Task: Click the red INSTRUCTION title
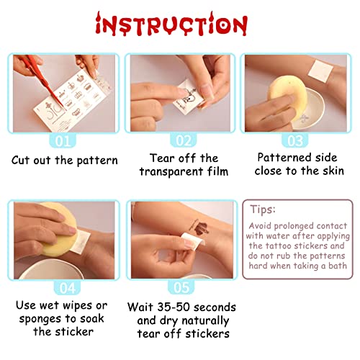click(171, 24)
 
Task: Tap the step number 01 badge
click(63, 141)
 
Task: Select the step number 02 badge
click(184, 140)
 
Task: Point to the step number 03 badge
click(295, 140)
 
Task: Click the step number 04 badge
click(68, 288)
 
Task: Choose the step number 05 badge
click(181, 287)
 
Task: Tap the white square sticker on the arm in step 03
click(320, 71)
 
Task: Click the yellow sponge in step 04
click(60, 230)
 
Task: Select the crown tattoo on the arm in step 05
click(200, 227)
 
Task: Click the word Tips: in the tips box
click(263, 210)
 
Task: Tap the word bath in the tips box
click(338, 266)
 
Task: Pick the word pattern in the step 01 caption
click(97, 161)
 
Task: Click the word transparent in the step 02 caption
click(171, 172)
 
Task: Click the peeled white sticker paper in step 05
click(192, 240)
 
